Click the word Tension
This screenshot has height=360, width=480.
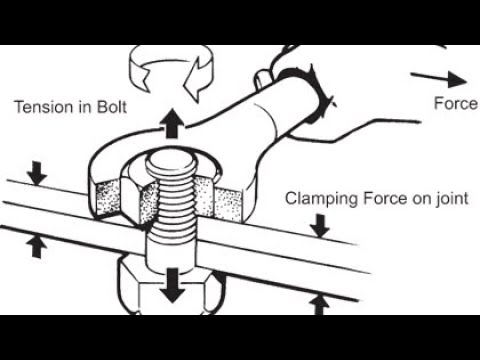click(x=45, y=107)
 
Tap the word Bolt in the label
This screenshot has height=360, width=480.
click(x=112, y=107)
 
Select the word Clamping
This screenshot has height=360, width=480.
click(x=322, y=199)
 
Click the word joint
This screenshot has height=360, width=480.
click(x=453, y=199)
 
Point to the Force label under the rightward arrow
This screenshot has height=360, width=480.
click(x=456, y=103)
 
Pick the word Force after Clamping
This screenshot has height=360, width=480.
click(x=385, y=198)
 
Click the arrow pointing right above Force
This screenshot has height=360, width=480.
click(x=438, y=79)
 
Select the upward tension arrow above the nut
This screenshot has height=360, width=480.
click(x=172, y=123)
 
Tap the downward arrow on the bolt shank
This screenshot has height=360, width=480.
click(x=172, y=285)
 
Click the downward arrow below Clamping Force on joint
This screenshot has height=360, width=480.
click(x=320, y=226)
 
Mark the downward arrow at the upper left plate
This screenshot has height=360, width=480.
click(x=37, y=173)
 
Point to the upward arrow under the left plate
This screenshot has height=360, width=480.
click(x=37, y=246)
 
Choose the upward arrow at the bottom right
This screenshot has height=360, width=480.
click(x=319, y=305)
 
